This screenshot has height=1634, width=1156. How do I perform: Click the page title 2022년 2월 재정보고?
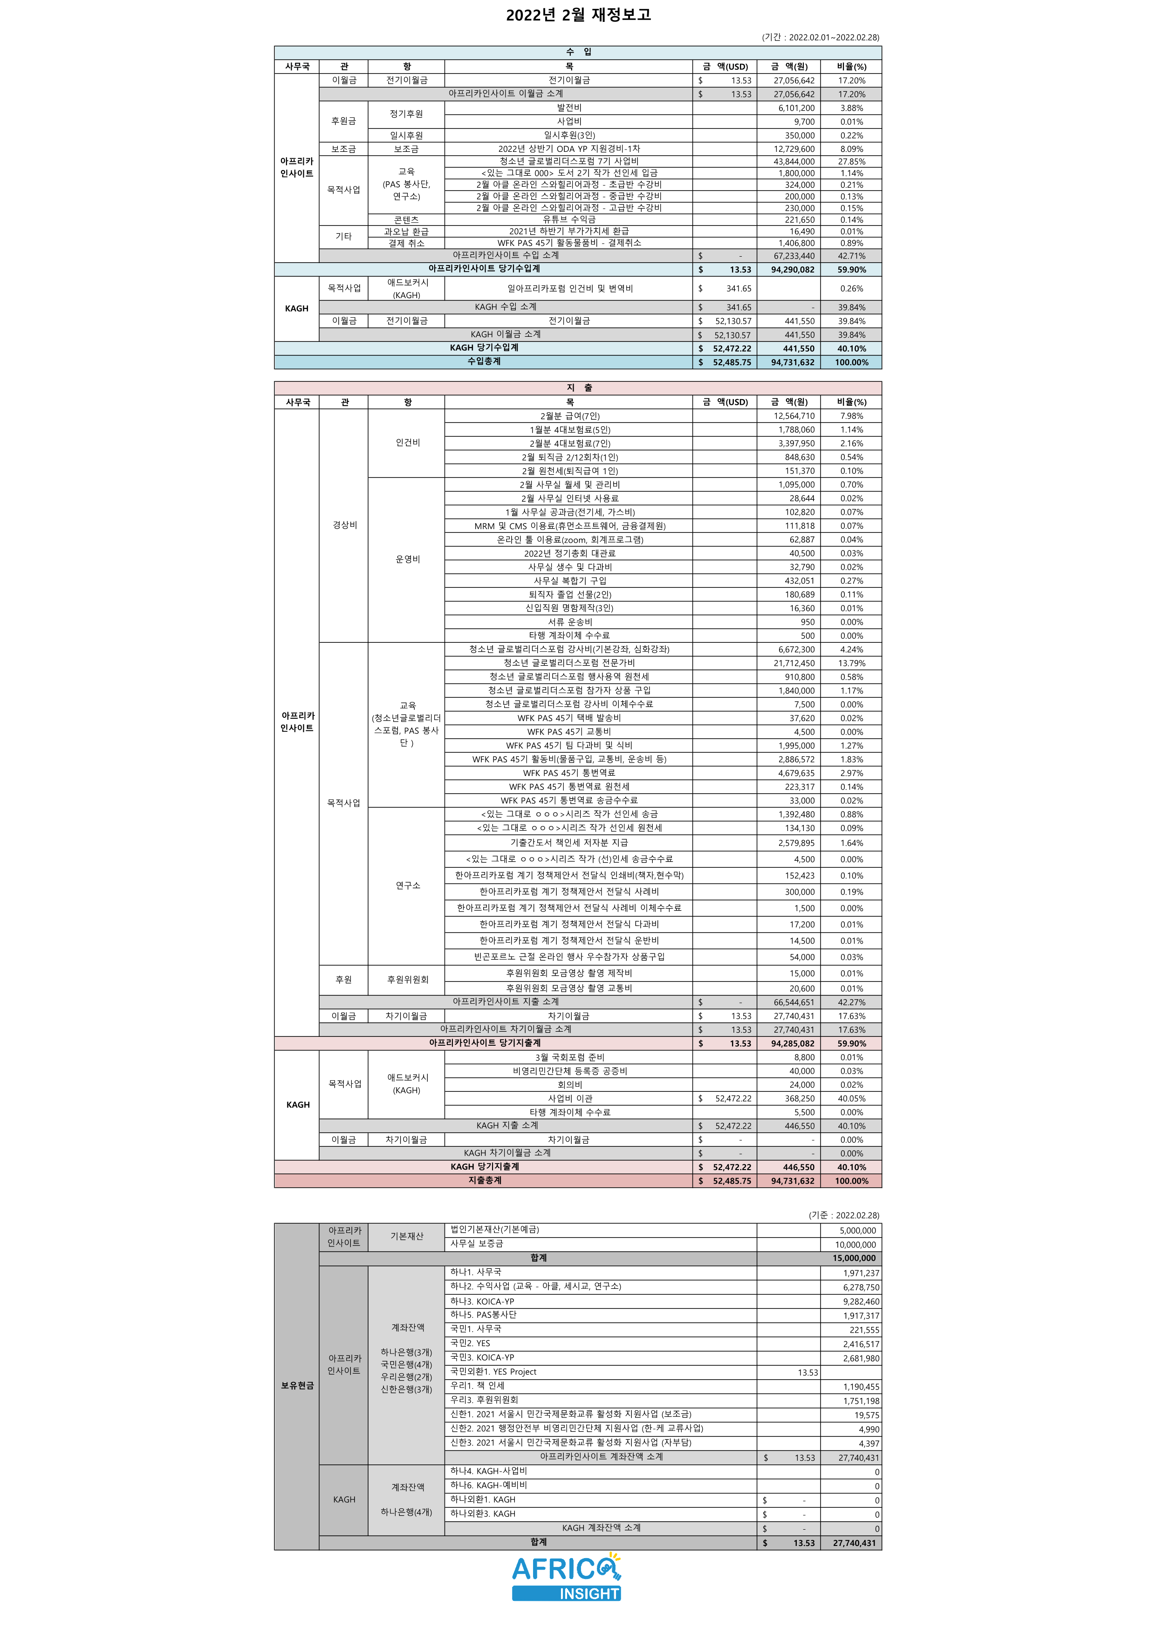click(x=578, y=15)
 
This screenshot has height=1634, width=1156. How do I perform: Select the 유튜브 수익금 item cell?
click(x=569, y=220)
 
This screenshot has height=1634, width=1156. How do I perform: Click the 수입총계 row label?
click(x=484, y=361)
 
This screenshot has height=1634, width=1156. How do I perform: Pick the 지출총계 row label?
click(x=484, y=1180)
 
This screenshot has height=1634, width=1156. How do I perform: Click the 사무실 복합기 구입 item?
click(x=569, y=581)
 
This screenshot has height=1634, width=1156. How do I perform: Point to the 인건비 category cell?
click(x=407, y=443)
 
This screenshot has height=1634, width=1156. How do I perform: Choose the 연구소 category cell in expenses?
click(x=407, y=885)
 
